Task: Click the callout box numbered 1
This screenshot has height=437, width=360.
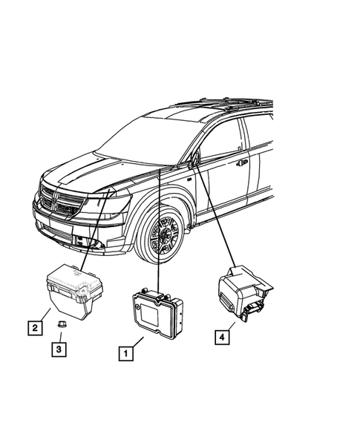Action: pyautogui.click(x=127, y=355)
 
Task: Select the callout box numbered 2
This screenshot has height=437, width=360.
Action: pyautogui.click(x=34, y=326)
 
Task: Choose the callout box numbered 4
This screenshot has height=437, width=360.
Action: pyautogui.click(x=220, y=337)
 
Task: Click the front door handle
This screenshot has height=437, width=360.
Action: pyautogui.click(x=242, y=162)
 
